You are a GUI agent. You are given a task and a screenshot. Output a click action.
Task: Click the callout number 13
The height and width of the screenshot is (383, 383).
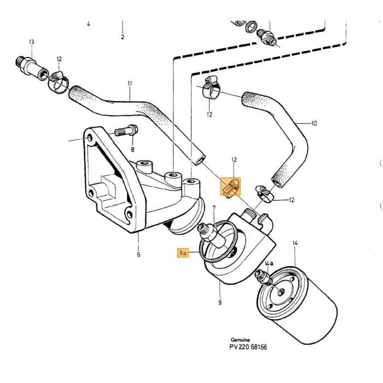coord(32,42)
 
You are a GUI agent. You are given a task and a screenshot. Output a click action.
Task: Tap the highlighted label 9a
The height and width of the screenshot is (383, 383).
coord(183,253)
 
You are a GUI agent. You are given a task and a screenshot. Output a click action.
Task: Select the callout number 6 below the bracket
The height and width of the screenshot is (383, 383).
coord(138,254)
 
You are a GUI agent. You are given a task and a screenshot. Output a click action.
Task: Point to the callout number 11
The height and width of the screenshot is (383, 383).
coord(130,83)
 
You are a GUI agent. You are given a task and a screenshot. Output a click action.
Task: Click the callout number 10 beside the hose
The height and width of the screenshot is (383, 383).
coord(314,123)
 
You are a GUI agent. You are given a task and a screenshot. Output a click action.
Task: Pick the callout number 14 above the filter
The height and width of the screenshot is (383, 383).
coord(295,243)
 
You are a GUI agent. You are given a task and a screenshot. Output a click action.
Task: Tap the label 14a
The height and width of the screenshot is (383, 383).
coord(269,263)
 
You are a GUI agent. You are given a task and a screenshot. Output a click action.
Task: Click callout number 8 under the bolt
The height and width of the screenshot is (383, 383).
coord(132,149)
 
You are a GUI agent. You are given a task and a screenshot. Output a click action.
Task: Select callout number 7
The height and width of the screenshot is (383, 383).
coord(214,208)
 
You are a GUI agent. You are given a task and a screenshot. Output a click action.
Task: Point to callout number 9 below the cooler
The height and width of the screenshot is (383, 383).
coord(220,303)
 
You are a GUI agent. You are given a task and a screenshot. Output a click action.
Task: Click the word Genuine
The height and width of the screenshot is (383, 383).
coord(240,340)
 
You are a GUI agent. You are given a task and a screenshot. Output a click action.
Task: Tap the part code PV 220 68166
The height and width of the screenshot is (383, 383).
coord(248,347)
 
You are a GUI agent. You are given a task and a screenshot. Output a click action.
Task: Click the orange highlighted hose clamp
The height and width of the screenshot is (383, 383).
coord(230,187)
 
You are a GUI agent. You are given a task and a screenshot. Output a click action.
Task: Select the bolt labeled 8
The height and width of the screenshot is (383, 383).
coord(126,131)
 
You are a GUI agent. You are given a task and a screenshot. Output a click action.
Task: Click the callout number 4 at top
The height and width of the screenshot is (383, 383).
coord(89,24)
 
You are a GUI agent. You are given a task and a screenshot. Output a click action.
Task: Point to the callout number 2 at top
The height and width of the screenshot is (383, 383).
coord(123,37)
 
